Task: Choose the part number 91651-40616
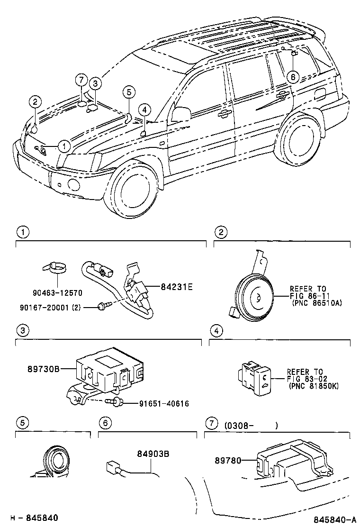(164, 404)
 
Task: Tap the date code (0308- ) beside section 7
(251, 425)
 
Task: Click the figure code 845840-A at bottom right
(331, 518)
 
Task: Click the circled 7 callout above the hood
(81, 80)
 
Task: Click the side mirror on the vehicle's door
(181, 114)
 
